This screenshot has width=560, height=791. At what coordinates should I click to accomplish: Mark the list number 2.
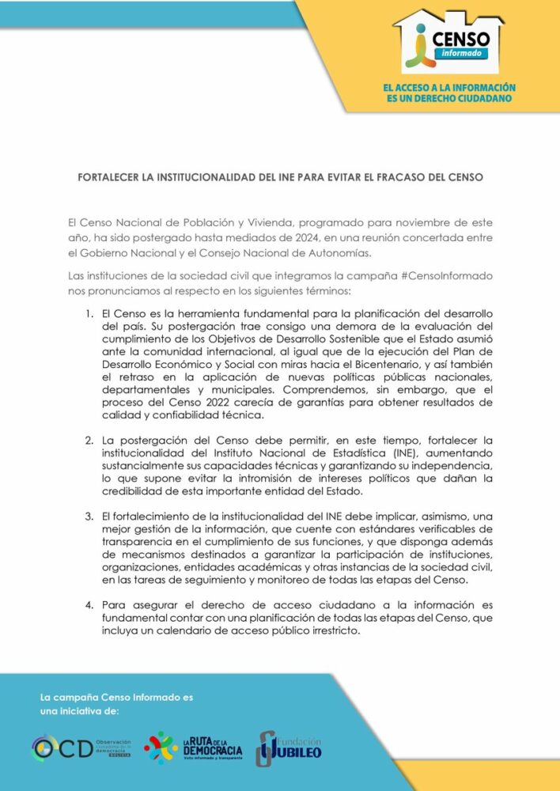89,440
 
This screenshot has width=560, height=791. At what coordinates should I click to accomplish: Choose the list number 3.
89,516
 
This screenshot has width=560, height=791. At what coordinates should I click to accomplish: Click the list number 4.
89,607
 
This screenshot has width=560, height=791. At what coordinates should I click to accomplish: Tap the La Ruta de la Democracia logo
193,747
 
